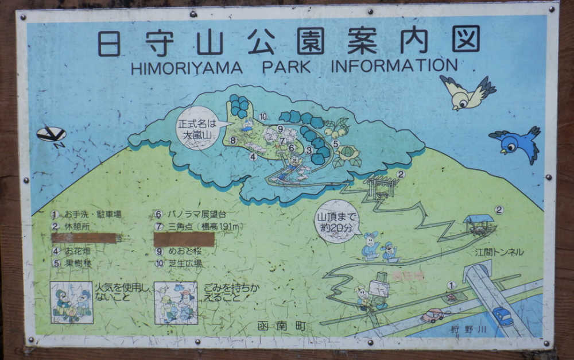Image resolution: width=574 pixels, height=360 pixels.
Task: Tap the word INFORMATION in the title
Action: click(394, 65)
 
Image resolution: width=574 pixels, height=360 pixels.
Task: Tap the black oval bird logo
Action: click(52, 135)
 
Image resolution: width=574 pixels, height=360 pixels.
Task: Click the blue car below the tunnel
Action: click(502, 316)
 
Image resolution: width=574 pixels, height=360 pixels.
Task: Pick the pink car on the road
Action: click(432, 315)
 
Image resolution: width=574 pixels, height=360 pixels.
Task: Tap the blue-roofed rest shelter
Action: click(479, 223)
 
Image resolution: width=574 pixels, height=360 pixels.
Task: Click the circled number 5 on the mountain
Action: click(335, 144)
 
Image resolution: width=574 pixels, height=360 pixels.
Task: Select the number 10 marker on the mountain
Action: click(263, 117)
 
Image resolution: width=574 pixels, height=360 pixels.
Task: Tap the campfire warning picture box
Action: click(72, 303)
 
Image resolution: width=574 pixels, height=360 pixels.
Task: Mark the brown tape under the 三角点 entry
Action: click(184, 239)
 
